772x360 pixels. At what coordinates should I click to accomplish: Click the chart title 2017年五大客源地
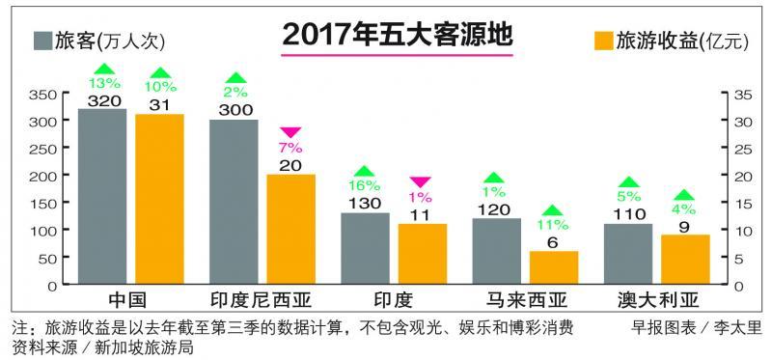click(x=397, y=35)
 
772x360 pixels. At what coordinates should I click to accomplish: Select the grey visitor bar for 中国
click(x=102, y=197)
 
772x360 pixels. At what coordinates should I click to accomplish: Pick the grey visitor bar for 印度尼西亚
click(x=234, y=203)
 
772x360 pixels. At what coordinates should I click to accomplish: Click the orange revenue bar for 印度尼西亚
click(x=290, y=230)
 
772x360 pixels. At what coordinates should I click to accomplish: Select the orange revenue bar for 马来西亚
click(x=554, y=268)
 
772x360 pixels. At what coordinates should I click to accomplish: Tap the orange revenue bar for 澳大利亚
click(x=685, y=260)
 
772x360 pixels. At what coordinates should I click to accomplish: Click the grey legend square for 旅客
click(x=42, y=41)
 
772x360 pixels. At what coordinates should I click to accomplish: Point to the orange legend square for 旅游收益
click(x=603, y=41)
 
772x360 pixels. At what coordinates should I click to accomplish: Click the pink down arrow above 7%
click(x=290, y=133)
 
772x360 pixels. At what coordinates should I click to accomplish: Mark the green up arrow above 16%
click(x=365, y=172)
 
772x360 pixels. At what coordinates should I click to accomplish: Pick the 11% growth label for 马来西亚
click(x=553, y=225)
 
